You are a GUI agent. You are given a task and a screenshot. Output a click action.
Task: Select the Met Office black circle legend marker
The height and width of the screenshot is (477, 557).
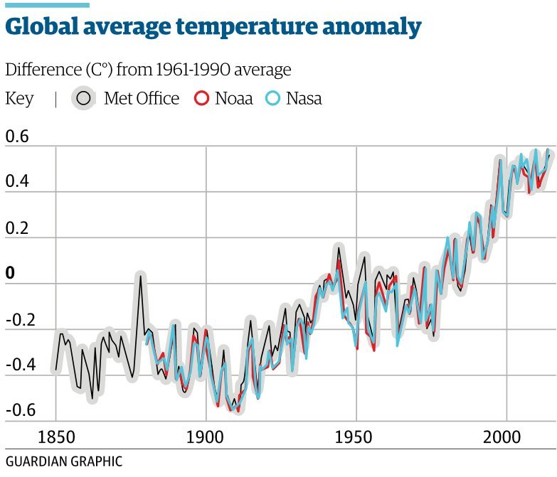click(84, 99)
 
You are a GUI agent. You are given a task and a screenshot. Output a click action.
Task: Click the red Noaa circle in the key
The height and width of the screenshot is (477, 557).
click(201, 99)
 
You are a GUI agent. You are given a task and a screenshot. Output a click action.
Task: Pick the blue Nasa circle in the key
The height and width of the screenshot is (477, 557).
click(273, 99)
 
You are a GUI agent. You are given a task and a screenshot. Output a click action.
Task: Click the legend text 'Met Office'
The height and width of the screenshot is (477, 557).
click(142, 99)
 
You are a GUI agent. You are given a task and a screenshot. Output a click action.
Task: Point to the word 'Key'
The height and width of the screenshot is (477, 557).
click(19, 99)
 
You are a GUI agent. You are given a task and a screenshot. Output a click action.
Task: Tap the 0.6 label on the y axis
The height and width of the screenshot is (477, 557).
click(18, 136)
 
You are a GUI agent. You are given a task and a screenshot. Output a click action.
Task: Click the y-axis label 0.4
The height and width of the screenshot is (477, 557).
click(18, 182)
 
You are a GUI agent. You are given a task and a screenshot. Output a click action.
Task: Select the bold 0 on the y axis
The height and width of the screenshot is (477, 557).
click(9, 274)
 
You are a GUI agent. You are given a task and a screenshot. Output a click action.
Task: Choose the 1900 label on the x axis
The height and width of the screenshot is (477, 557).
click(206, 435)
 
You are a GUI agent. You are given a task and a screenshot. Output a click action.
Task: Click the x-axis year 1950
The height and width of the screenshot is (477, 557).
click(356, 435)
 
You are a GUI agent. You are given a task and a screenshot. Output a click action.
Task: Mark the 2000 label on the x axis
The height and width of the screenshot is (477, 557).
click(506, 435)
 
